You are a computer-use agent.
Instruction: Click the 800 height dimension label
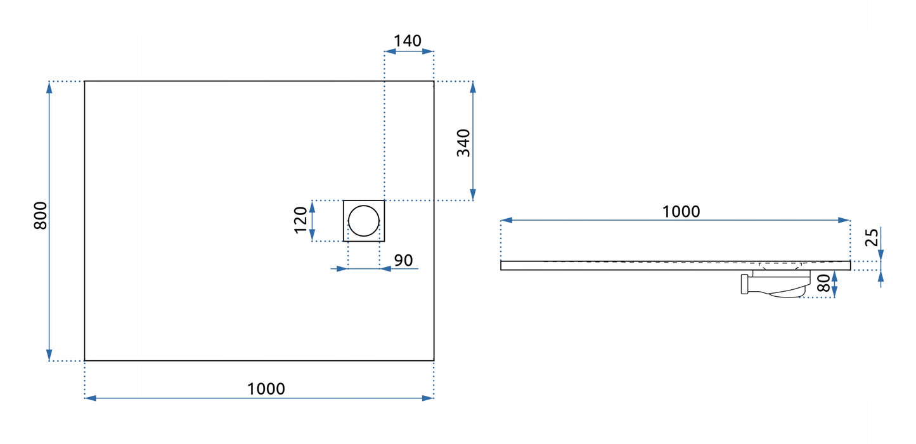40,216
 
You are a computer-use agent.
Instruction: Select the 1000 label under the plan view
266,388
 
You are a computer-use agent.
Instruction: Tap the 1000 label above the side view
681,211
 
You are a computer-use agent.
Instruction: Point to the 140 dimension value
407,41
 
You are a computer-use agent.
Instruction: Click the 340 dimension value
464,143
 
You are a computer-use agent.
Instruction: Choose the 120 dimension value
301,220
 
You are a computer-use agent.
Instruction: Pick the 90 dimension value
403,260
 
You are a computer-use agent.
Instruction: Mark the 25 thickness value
872,237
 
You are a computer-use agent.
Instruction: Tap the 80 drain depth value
824,283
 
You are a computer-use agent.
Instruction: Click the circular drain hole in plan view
364,221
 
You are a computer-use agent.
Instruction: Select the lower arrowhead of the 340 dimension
473,195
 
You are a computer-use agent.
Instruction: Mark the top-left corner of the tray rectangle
85,81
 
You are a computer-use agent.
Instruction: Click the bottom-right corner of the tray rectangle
434,360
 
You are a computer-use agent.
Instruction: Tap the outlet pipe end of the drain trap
743,285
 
